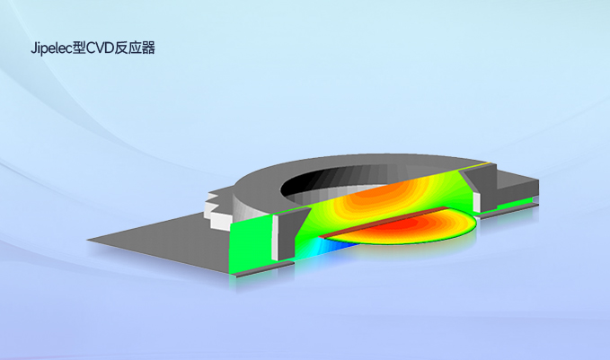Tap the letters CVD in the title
(99, 48)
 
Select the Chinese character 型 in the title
(79, 48)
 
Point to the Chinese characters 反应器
(134, 48)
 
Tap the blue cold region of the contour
(334, 246)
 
